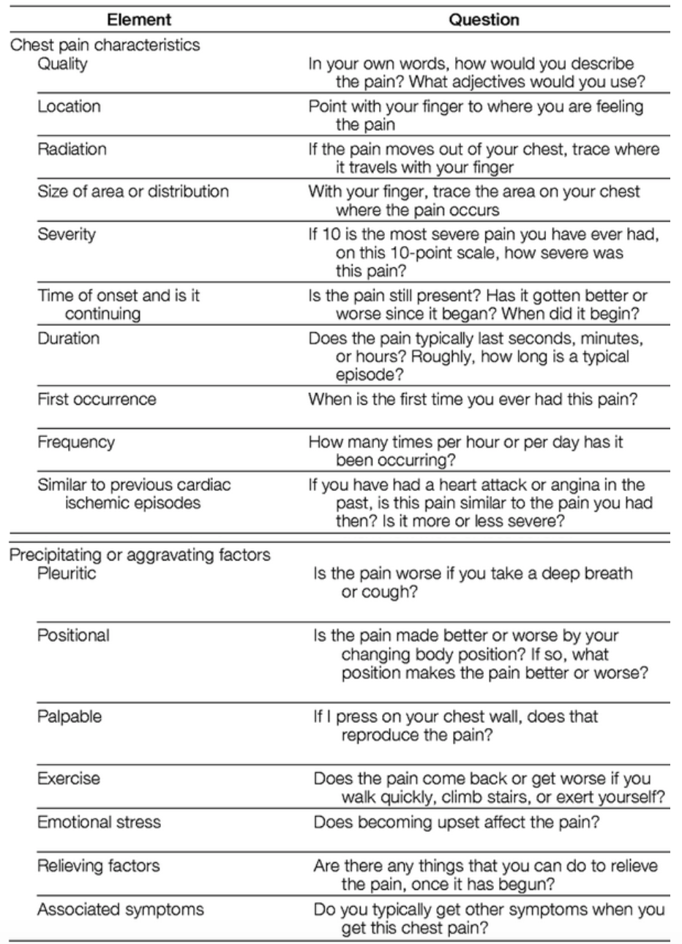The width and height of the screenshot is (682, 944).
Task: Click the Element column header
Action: click(139, 20)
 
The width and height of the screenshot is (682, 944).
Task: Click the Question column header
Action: click(484, 20)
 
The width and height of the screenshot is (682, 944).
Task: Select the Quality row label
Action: click(62, 64)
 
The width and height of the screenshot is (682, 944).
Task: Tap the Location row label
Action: click(69, 107)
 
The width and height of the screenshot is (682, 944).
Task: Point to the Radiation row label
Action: click(72, 149)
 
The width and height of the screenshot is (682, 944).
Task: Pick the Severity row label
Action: click(67, 234)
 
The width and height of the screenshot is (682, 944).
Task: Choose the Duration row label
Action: click(69, 338)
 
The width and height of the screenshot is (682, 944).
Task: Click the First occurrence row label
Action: click(97, 399)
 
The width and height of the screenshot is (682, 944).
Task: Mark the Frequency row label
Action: click(76, 442)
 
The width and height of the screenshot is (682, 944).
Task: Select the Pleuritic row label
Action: click(67, 573)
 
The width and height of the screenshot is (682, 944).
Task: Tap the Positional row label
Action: click(73, 635)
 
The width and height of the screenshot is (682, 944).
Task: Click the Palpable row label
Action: click(70, 716)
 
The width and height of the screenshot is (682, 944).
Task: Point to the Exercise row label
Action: click(69, 779)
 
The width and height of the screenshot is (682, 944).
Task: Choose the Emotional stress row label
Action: click(99, 823)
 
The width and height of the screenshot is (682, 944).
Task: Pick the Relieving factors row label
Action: click(99, 866)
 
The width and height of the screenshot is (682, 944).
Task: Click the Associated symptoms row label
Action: click(121, 910)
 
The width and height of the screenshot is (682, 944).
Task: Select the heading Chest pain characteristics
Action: click(105, 45)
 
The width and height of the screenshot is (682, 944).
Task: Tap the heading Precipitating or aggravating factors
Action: click(140, 555)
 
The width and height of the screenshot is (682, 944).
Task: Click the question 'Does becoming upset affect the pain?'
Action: click(457, 823)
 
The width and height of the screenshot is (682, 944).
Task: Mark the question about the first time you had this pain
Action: click(473, 399)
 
